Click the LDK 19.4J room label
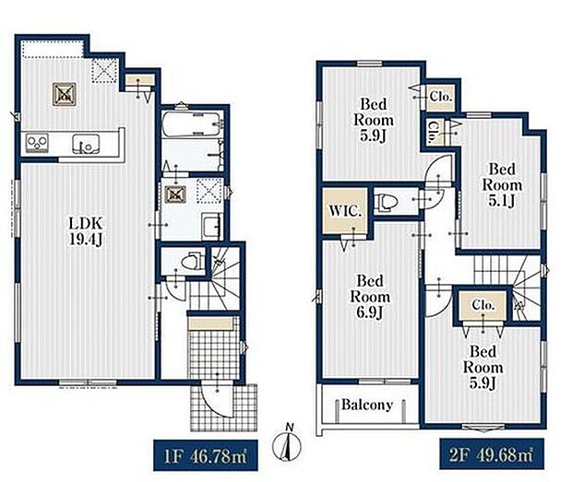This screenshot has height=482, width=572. [x=86, y=231]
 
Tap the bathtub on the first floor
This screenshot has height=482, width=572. [x=191, y=123]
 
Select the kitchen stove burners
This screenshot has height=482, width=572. [x=37, y=142]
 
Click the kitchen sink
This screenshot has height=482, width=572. [x=86, y=143]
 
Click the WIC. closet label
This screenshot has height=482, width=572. [x=345, y=211]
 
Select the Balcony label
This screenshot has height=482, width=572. [x=367, y=405]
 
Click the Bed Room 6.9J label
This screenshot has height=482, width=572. [x=370, y=297]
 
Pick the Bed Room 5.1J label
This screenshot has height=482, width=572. [x=502, y=185]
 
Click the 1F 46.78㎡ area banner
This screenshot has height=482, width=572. [x=206, y=455]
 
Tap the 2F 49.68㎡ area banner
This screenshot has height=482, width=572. [x=492, y=453]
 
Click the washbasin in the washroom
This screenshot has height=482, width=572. [x=211, y=227]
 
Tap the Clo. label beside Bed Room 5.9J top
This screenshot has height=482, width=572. [x=441, y=97]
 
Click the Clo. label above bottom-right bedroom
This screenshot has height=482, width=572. [x=483, y=305]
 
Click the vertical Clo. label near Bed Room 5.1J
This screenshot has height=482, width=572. [x=433, y=132]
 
